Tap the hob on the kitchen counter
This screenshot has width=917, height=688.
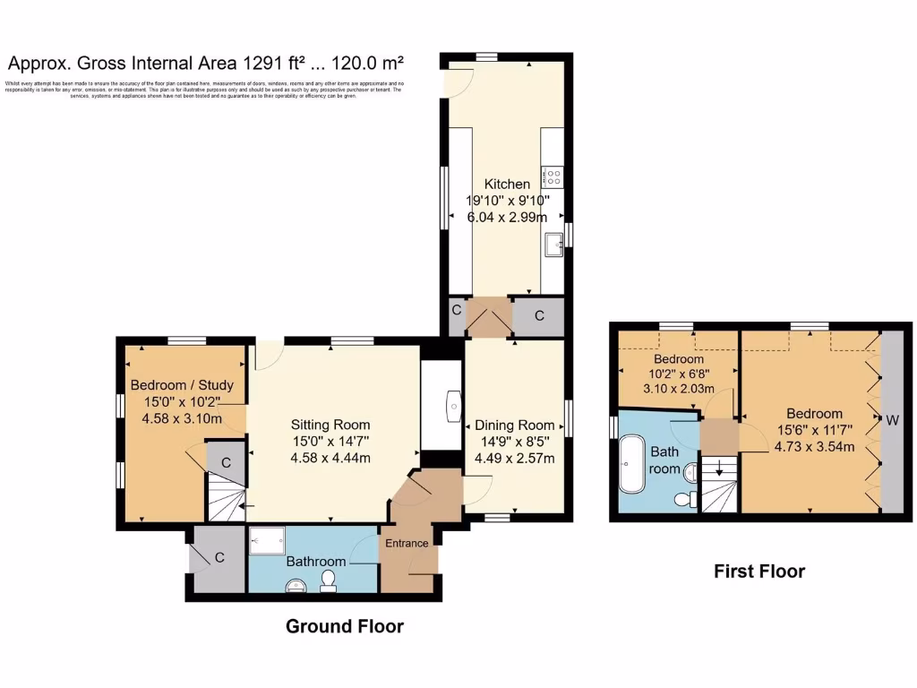point(552,176)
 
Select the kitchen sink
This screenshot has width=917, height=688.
point(553,240)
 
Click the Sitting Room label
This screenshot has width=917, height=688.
point(330,425)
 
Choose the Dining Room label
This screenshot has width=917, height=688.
point(514,426)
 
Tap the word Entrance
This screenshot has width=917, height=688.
point(407,543)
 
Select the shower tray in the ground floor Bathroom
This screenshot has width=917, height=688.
point(265,539)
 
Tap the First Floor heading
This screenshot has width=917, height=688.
point(758,571)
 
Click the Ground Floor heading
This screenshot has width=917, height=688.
point(344,626)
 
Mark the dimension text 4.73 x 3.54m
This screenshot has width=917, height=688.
point(814,446)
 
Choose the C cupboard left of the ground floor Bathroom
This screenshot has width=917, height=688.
point(216,558)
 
